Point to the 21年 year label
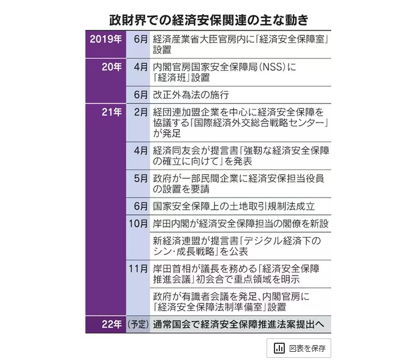pos(109,112)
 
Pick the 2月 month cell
pos(140,112)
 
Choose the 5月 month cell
pos(140,179)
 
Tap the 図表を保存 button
pos(298,349)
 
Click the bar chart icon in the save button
pos(279,349)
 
